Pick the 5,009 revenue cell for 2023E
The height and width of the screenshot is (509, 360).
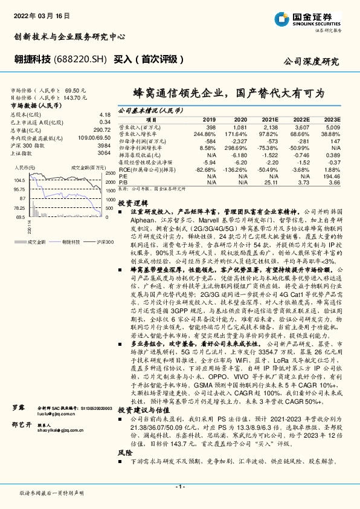[332, 128]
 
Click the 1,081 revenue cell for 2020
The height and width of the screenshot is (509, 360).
[240, 128]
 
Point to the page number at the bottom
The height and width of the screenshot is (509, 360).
[180, 487]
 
